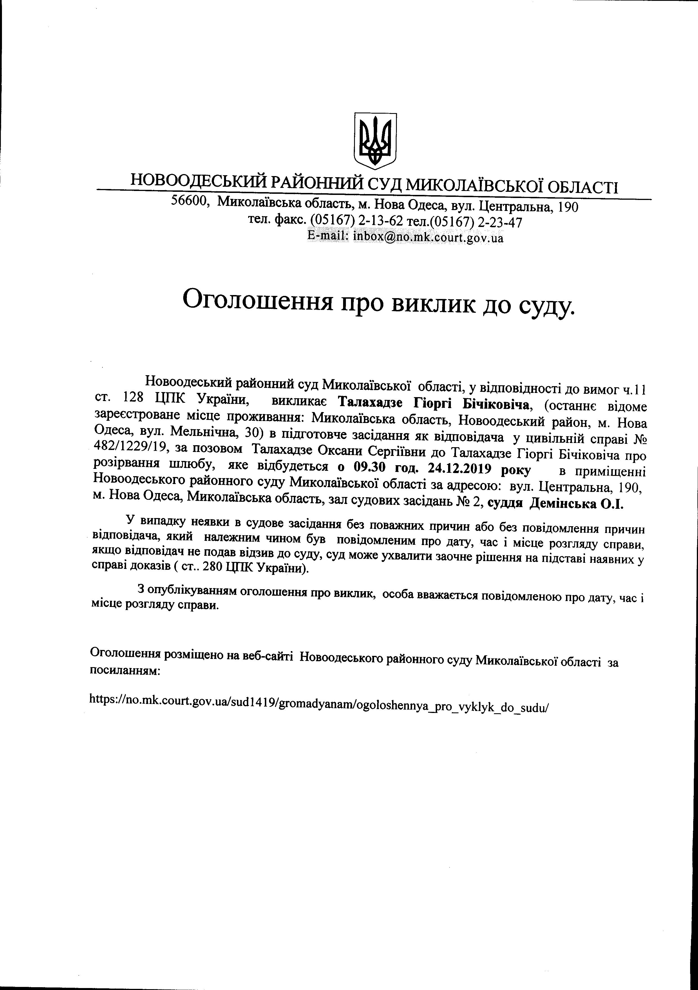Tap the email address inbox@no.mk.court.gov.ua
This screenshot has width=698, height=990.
pos(428,237)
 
